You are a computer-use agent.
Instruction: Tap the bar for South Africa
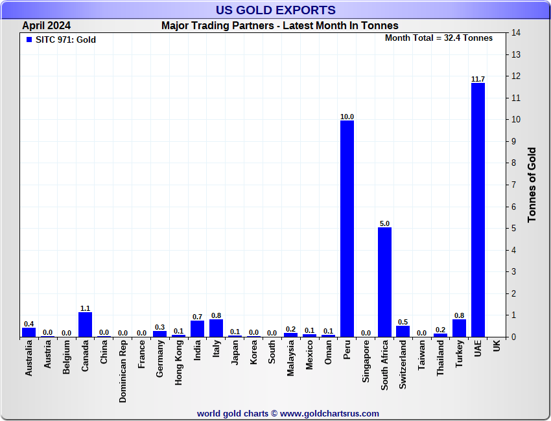(x=384, y=282)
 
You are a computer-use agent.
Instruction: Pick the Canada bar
(x=85, y=324)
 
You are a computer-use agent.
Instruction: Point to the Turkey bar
(x=459, y=328)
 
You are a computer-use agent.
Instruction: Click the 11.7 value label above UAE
(x=478, y=79)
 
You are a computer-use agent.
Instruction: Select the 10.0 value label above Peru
(x=347, y=117)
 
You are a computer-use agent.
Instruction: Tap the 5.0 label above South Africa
(x=384, y=223)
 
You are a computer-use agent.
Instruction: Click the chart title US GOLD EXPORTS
(x=275, y=10)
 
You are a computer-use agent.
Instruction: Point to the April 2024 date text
(x=47, y=26)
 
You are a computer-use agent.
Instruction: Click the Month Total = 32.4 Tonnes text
(x=439, y=38)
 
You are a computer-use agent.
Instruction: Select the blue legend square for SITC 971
(x=29, y=40)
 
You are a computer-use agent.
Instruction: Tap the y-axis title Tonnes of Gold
(x=532, y=185)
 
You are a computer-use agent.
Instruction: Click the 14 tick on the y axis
(x=516, y=33)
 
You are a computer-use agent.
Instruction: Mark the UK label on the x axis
(x=497, y=347)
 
